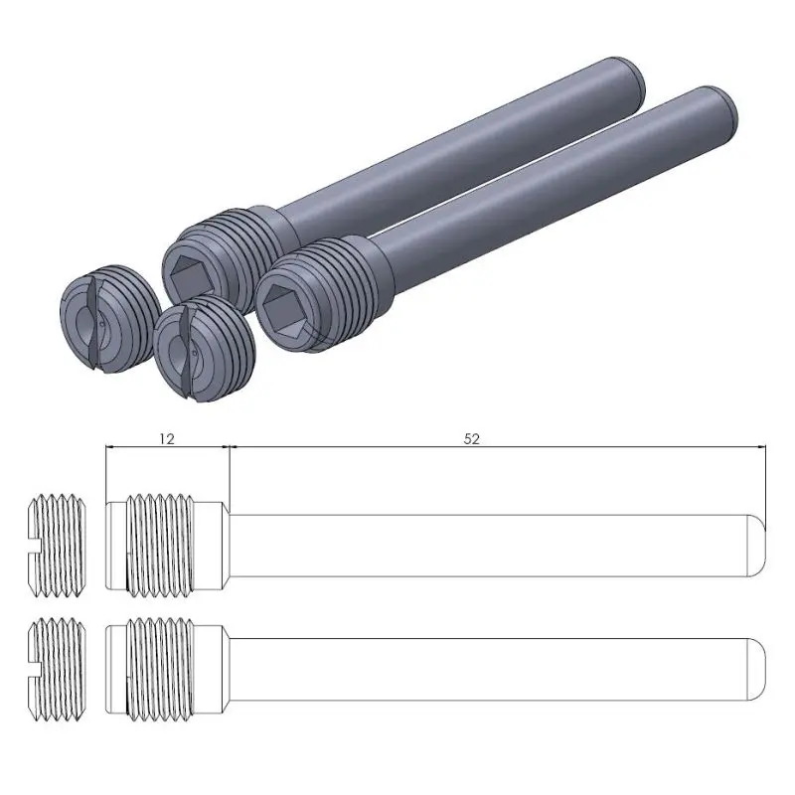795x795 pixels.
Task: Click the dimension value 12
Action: point(166,437)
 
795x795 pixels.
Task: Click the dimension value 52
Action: point(472,437)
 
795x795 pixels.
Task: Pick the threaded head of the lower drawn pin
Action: point(164,664)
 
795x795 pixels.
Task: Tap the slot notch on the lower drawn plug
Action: point(34,664)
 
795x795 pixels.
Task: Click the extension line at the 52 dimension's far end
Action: point(769,477)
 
